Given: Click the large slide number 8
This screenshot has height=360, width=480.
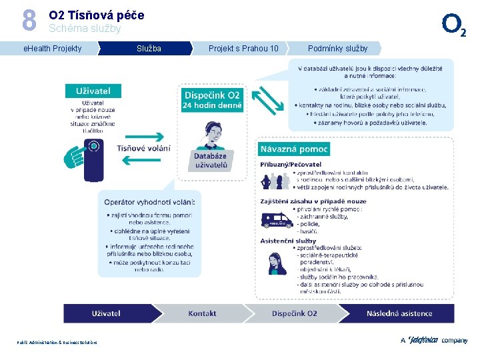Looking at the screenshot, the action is point(29,20).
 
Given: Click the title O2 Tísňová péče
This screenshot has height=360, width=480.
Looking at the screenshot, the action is point(96,15).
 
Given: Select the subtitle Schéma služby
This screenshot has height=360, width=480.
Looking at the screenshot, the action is point(85,29).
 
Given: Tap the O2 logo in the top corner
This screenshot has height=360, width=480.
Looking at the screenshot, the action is point(458,25).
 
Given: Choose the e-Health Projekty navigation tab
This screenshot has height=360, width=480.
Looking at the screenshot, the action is point(53,48).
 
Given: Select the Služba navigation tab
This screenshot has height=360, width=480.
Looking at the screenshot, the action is point(149,48).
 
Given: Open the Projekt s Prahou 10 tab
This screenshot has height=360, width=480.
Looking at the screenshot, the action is point(243,48).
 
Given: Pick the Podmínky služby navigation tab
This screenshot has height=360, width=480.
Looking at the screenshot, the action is point(337,48).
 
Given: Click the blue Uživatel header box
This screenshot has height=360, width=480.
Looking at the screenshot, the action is point(93,91).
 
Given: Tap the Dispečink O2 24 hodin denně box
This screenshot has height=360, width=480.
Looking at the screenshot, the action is point(212,100).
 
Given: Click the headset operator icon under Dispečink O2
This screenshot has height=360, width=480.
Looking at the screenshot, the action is point(212,133).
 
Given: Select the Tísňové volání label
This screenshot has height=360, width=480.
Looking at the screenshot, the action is point(143,148).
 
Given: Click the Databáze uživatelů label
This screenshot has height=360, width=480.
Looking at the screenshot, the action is point(211,161).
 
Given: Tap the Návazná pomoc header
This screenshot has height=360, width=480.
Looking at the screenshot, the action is point(294,149).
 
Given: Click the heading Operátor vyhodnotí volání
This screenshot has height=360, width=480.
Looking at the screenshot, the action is point(149,201).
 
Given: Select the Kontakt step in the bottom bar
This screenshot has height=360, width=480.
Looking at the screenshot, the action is point(202,313).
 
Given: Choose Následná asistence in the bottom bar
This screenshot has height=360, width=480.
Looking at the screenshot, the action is point(399,313).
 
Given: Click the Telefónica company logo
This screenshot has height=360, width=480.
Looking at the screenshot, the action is point(433,340).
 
